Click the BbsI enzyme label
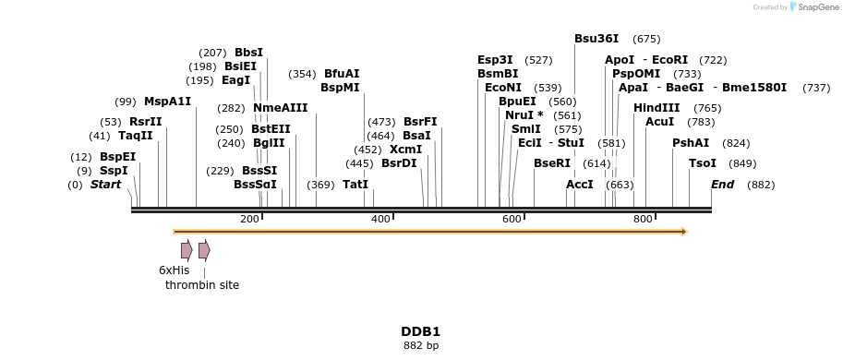(x=248, y=53)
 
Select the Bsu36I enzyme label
(x=596, y=39)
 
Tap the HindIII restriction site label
(x=656, y=108)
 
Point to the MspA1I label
(x=167, y=102)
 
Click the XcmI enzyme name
(x=405, y=150)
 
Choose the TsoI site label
(x=703, y=163)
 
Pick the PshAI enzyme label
(x=691, y=143)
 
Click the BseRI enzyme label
(x=552, y=163)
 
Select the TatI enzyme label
(x=355, y=185)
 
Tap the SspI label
(x=114, y=171)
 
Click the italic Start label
(x=105, y=185)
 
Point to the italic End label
(x=722, y=185)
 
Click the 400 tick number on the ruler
(x=380, y=219)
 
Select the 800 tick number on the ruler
(x=643, y=219)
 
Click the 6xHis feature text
(x=174, y=270)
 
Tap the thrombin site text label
(x=202, y=285)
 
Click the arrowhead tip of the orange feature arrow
(x=685, y=231)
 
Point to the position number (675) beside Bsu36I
(x=646, y=39)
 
